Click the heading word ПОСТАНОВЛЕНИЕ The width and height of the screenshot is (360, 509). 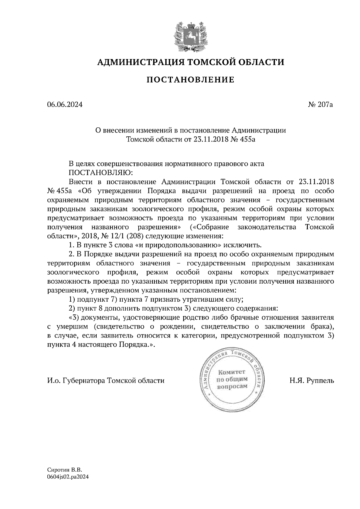(x=190, y=80)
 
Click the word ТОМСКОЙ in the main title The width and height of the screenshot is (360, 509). (x=210, y=62)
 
